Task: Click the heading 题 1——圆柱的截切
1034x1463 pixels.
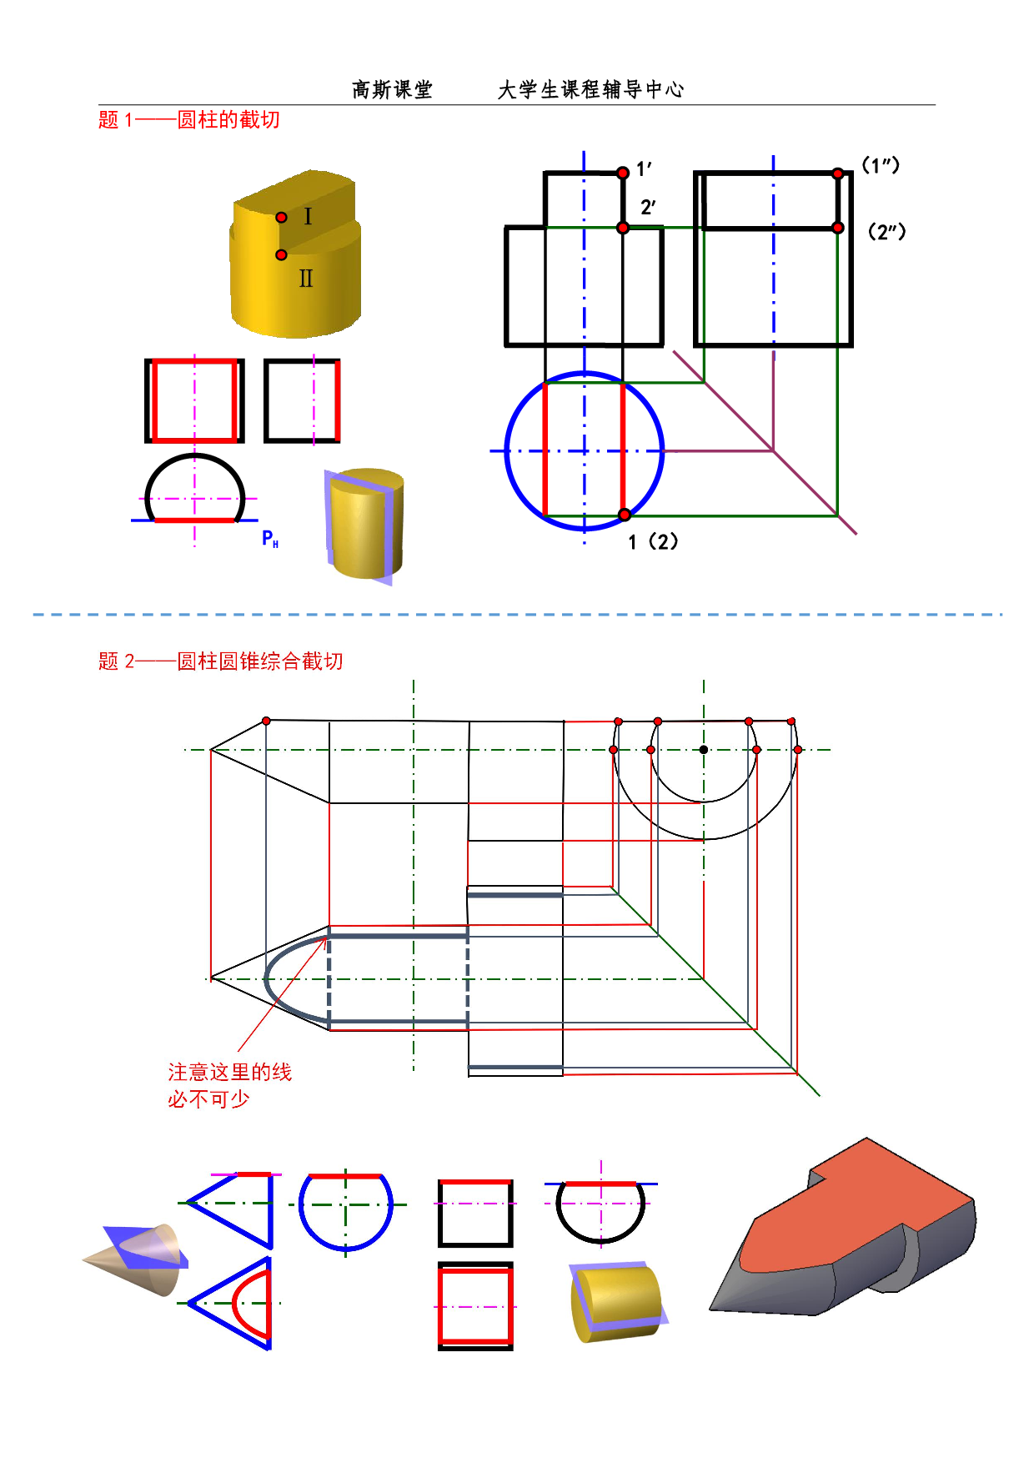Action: pyautogui.click(x=189, y=120)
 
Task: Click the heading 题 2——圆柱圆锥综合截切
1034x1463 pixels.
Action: pyautogui.click(x=221, y=661)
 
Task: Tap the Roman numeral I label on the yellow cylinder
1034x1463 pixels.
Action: pyautogui.click(x=308, y=217)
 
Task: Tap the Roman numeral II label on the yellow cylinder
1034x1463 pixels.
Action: pyautogui.click(x=306, y=279)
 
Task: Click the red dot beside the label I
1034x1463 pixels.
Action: pyautogui.click(x=282, y=218)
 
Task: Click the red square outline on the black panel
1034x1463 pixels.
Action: pyautogui.click(x=195, y=400)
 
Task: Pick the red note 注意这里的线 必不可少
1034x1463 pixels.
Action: pyautogui.click(x=229, y=1085)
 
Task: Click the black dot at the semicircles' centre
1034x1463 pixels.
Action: pyautogui.click(x=704, y=750)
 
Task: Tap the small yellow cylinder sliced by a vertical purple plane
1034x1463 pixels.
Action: pyautogui.click(x=364, y=525)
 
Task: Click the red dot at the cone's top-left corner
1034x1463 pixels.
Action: pyautogui.click(x=266, y=721)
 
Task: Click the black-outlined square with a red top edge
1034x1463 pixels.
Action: pyautogui.click(x=475, y=1214)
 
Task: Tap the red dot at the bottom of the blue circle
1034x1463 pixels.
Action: pyautogui.click(x=625, y=515)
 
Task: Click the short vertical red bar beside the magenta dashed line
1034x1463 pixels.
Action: pyautogui.click(x=338, y=400)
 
